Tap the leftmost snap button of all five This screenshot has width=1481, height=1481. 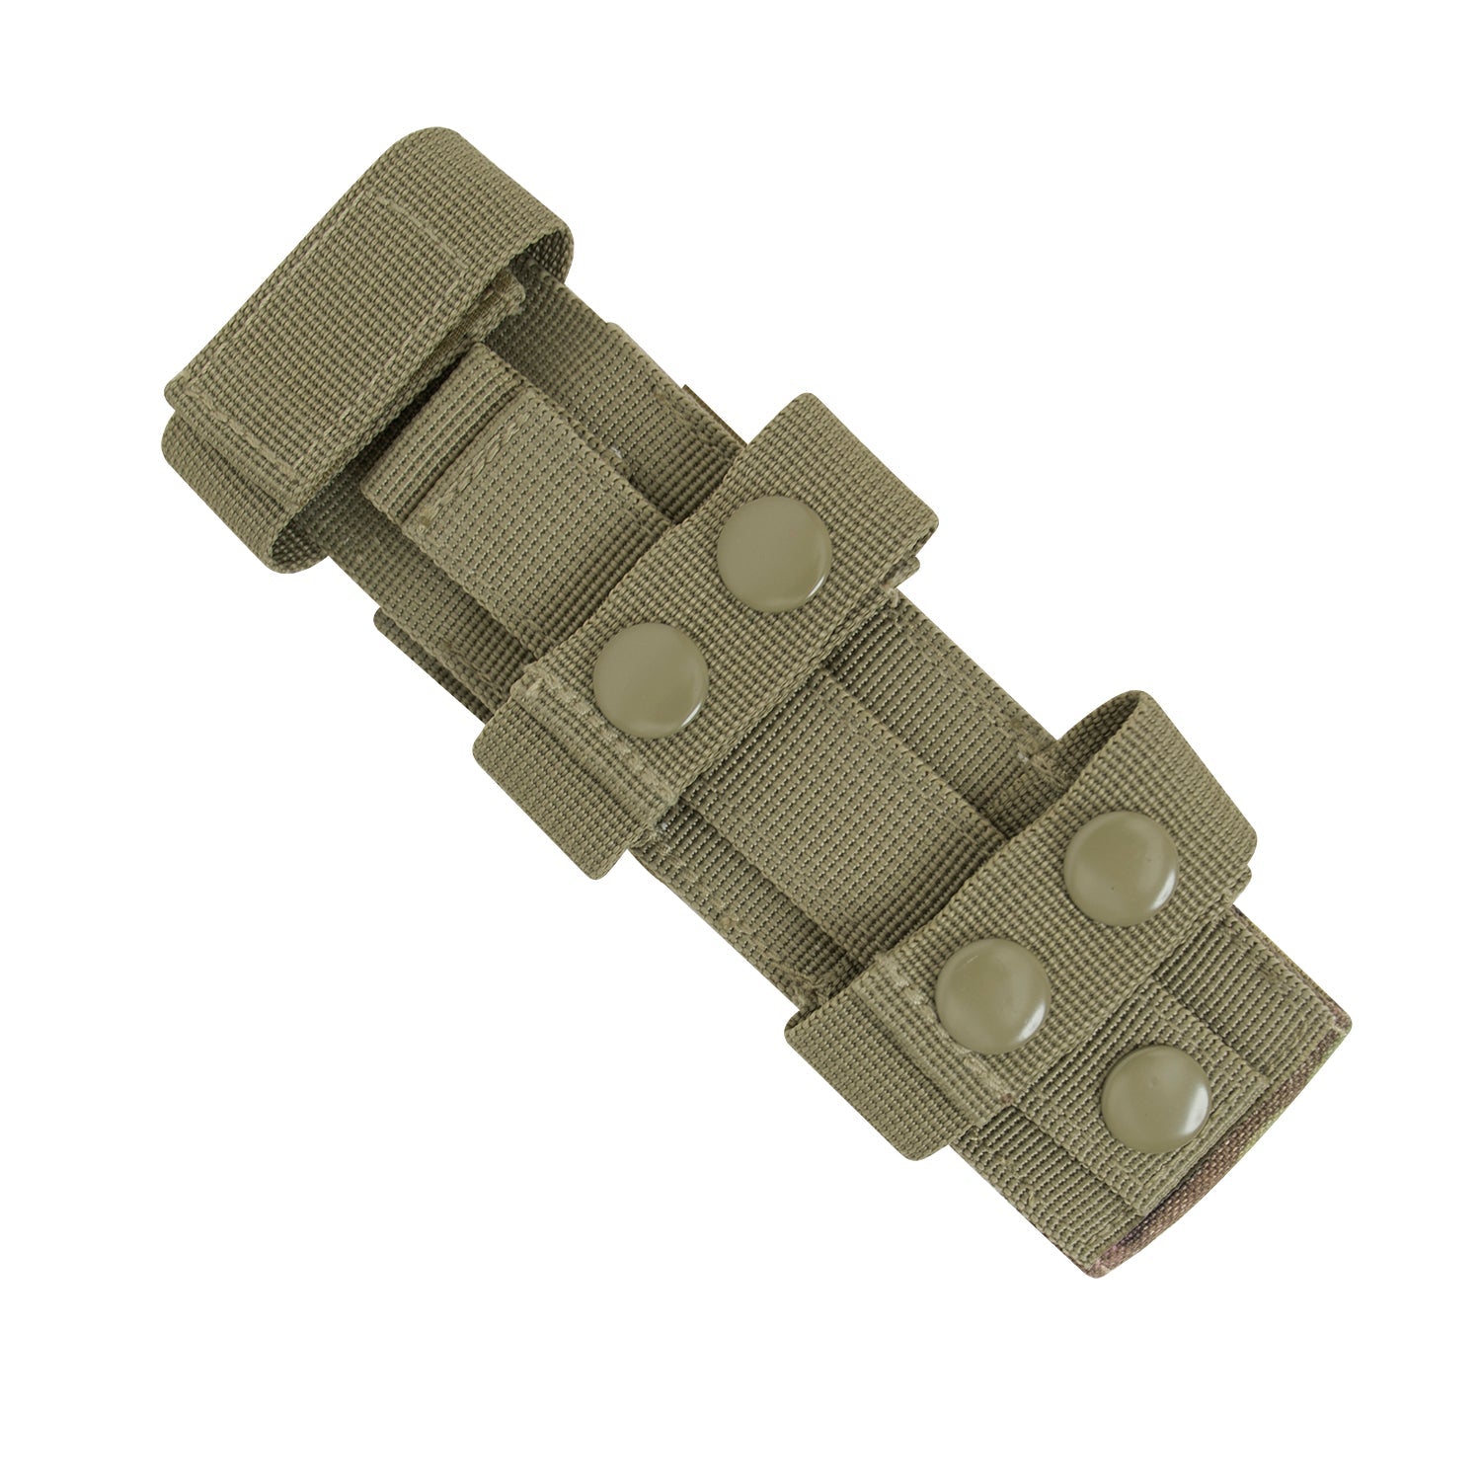652,676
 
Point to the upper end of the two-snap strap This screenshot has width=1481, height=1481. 869,444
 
